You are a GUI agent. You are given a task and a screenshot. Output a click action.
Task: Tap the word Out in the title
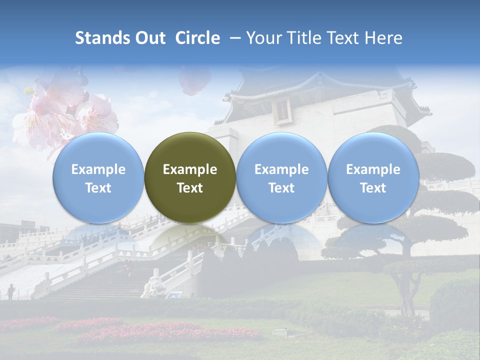coord(149,38)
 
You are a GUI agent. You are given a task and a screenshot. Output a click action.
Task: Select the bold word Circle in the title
coord(197,38)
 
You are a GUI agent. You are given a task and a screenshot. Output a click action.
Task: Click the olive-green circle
coord(190,177)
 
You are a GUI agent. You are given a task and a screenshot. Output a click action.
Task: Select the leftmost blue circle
coord(98,177)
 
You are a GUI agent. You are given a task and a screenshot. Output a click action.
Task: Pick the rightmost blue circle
coord(373,177)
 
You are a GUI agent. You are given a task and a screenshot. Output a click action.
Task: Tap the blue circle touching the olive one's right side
coord(281,177)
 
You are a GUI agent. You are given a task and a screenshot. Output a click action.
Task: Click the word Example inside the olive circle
coord(190,169)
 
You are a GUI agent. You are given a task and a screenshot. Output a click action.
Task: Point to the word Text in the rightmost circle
coord(373,188)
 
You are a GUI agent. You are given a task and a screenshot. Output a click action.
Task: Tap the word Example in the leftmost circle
coord(98,169)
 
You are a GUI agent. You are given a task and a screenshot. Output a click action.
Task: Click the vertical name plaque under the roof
coord(282,109)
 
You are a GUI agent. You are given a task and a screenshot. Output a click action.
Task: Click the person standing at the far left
coord(10,291)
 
